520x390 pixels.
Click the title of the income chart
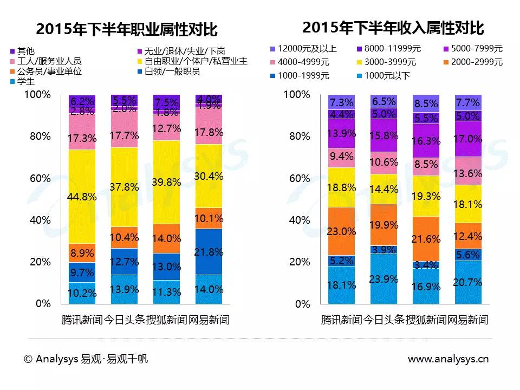[x=393, y=28]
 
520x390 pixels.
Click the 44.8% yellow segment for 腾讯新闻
[x=82, y=197]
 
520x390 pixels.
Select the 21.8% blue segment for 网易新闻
[x=209, y=251]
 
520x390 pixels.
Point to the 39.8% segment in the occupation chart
[x=166, y=182]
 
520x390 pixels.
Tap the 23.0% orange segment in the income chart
[x=341, y=231]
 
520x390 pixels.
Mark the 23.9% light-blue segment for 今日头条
[x=383, y=278]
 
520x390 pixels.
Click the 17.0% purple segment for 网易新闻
[x=468, y=139]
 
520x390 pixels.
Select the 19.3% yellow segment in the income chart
[x=426, y=196]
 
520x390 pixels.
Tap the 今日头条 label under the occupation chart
[x=124, y=320]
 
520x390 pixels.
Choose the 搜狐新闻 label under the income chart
[x=426, y=320]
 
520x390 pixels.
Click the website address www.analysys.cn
[x=448, y=359]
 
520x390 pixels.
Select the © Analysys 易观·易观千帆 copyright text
[x=86, y=359]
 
